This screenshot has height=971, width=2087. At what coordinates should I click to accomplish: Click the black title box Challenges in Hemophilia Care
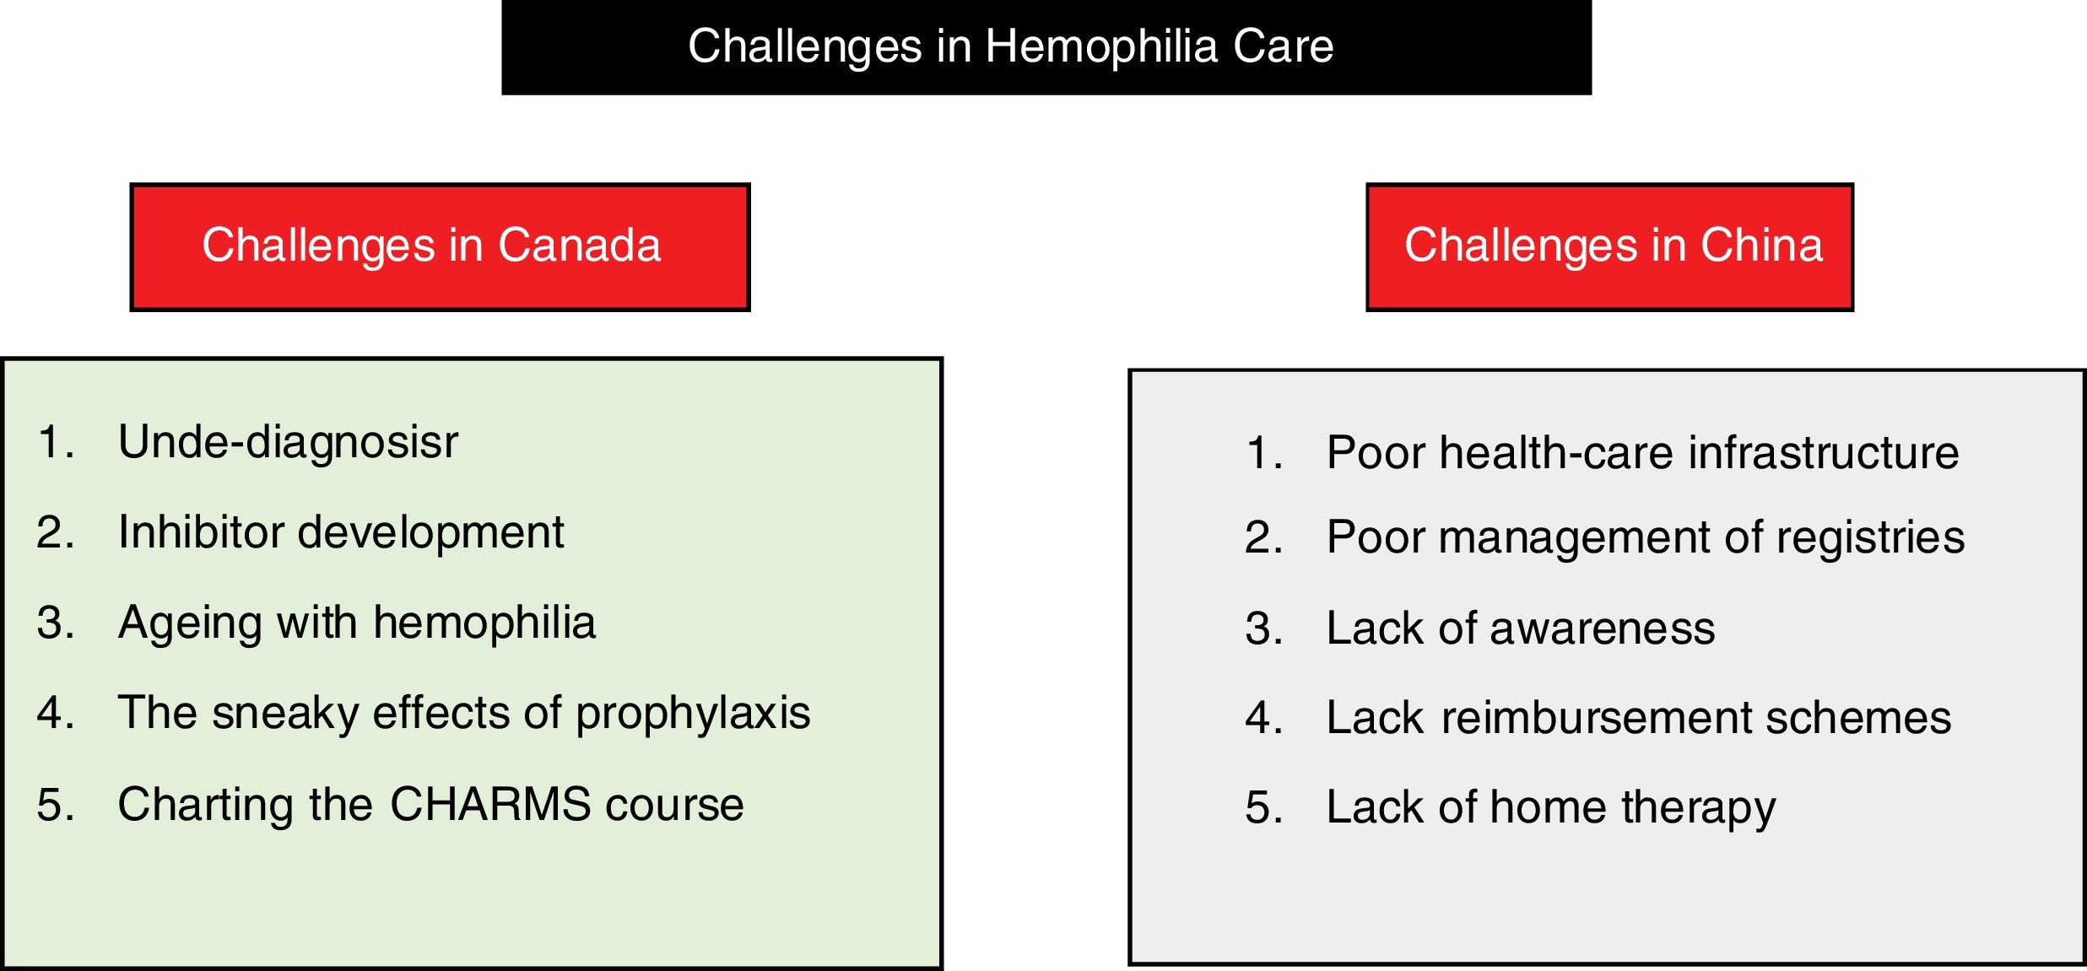coord(1046,47)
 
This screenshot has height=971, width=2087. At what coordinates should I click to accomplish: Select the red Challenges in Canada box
coord(440,247)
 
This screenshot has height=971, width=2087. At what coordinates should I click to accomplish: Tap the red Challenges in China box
coord(1609,247)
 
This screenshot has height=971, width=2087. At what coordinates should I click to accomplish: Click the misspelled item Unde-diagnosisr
coord(288,442)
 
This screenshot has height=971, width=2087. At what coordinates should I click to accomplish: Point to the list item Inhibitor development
coord(341,532)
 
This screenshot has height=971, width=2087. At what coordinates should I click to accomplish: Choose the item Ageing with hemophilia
coord(357,624)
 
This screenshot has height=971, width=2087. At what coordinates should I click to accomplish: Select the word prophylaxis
coord(693,714)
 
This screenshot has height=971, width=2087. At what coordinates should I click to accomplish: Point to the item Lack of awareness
coord(1521,628)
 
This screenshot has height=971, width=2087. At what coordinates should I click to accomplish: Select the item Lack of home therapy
coord(1551,808)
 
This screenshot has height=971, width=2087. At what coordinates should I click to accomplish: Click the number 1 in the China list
coord(1257,452)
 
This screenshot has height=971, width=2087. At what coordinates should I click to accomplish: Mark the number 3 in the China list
coord(1257,628)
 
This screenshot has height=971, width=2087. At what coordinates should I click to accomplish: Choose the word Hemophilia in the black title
coord(1101,46)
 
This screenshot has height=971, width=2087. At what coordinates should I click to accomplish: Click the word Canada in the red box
coord(579,245)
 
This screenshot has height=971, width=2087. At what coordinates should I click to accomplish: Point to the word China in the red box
coord(1761,245)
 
